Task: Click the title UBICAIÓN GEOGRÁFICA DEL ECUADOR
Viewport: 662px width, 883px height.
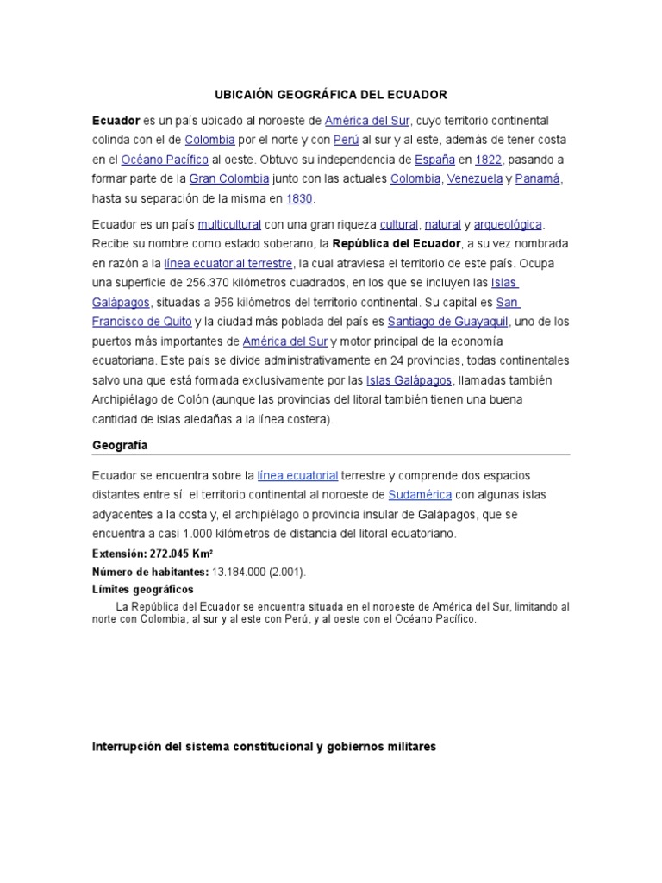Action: tap(330, 94)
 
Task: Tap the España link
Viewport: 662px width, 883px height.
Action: tap(434, 160)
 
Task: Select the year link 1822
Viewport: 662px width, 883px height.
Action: tap(489, 160)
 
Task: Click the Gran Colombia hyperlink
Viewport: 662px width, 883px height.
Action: tap(229, 179)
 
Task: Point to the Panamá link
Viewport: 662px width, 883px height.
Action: tap(539, 179)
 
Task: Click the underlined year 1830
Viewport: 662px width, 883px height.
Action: tap(300, 199)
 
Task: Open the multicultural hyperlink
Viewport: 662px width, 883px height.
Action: tap(229, 224)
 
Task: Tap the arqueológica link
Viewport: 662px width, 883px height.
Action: tap(509, 224)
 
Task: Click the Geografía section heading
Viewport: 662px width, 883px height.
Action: tap(120, 445)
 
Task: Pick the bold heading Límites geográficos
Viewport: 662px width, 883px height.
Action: tap(142, 588)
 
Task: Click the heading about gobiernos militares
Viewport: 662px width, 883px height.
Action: tap(264, 747)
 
